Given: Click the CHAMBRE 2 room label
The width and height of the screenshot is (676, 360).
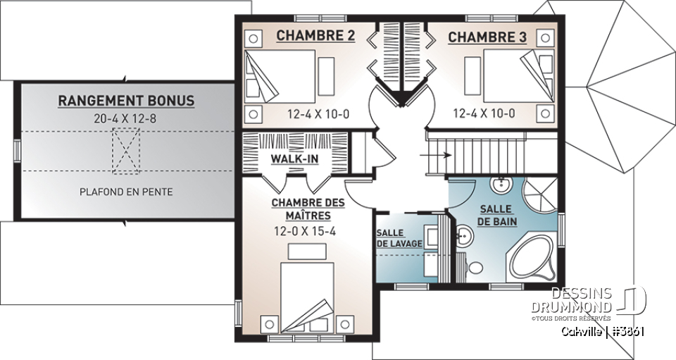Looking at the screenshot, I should (315, 35).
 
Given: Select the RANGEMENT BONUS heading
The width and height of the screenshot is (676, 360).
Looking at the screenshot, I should (126, 101).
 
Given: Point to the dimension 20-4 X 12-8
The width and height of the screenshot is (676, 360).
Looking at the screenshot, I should (126, 118).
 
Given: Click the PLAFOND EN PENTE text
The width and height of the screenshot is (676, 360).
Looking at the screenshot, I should (126, 192).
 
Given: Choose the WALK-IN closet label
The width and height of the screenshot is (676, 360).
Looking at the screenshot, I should (294, 159).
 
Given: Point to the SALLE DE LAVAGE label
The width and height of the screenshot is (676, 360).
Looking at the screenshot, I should (399, 238).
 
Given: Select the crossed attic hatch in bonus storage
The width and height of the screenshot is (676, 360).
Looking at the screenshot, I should (127, 151).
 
